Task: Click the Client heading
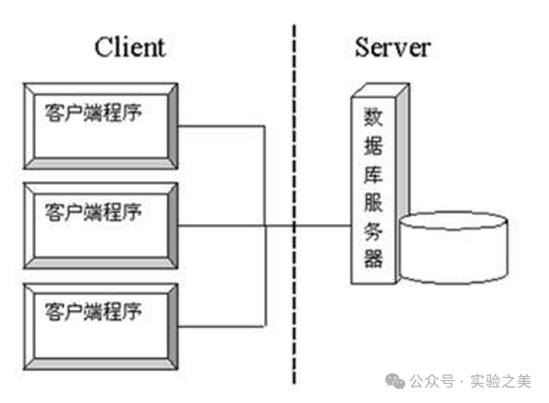point(129,49)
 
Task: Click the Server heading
point(392,49)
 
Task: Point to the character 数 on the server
point(373,118)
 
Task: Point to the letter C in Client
point(103,49)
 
